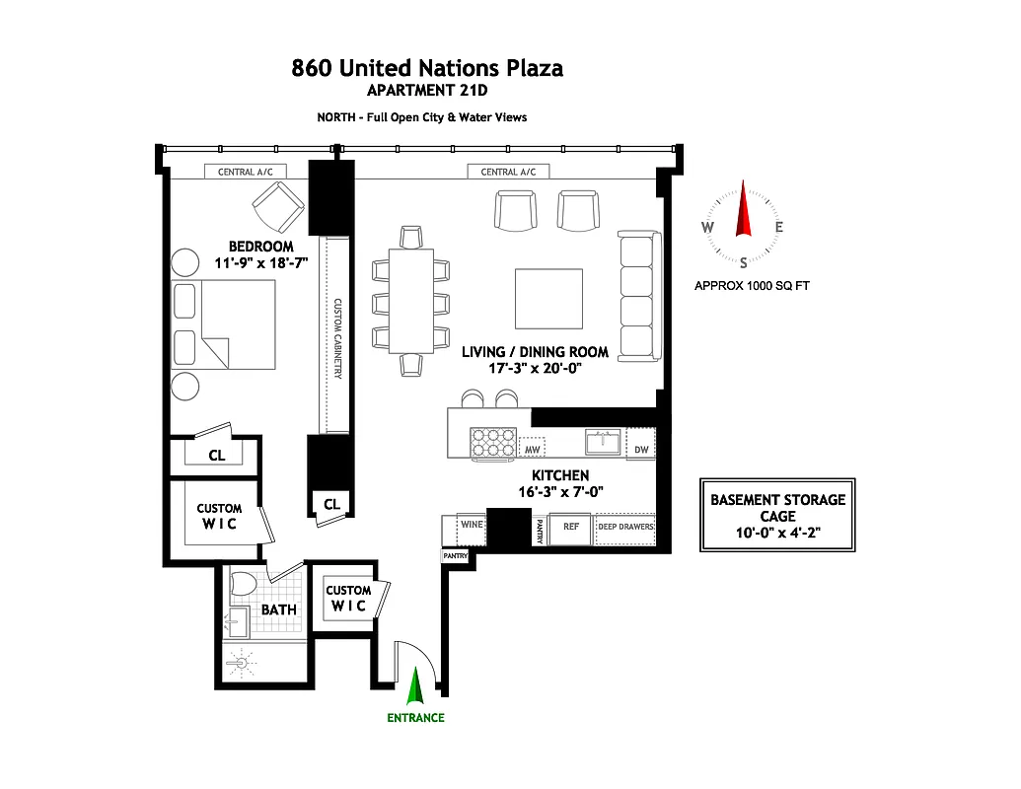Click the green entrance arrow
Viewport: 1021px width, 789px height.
[x=415, y=686]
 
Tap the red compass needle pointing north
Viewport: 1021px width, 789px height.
[x=744, y=209]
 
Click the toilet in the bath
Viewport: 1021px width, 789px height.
[x=241, y=588]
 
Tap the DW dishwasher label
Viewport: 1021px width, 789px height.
[x=641, y=449]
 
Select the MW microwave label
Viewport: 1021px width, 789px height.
[x=532, y=450]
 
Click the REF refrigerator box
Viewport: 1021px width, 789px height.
[x=570, y=527]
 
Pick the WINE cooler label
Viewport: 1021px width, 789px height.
[x=472, y=525]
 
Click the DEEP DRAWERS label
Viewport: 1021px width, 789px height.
[x=624, y=527]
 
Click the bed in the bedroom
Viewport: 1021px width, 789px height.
[x=224, y=324]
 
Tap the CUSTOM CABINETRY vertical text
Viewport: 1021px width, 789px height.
[x=336, y=338]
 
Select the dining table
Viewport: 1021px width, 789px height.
[x=411, y=300]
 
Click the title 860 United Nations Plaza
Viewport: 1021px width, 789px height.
[x=427, y=68]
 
